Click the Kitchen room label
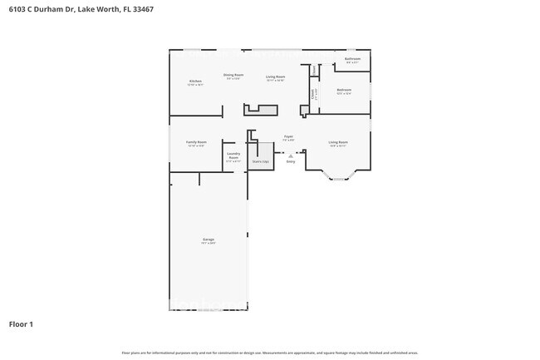tap(195, 81)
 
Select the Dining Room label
tap(233, 75)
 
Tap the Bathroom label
tap(353, 59)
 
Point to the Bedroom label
tap(344, 89)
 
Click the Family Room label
tap(196, 142)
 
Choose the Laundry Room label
tap(233, 155)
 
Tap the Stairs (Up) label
tap(261, 161)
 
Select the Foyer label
tap(288, 136)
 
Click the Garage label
tap(208, 239)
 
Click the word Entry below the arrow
tap(291, 161)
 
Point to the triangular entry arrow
tap(291, 155)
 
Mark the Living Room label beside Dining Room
tap(276, 76)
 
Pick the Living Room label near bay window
tap(338, 142)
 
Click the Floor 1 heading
tap(21, 323)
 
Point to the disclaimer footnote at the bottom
tap(270, 353)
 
